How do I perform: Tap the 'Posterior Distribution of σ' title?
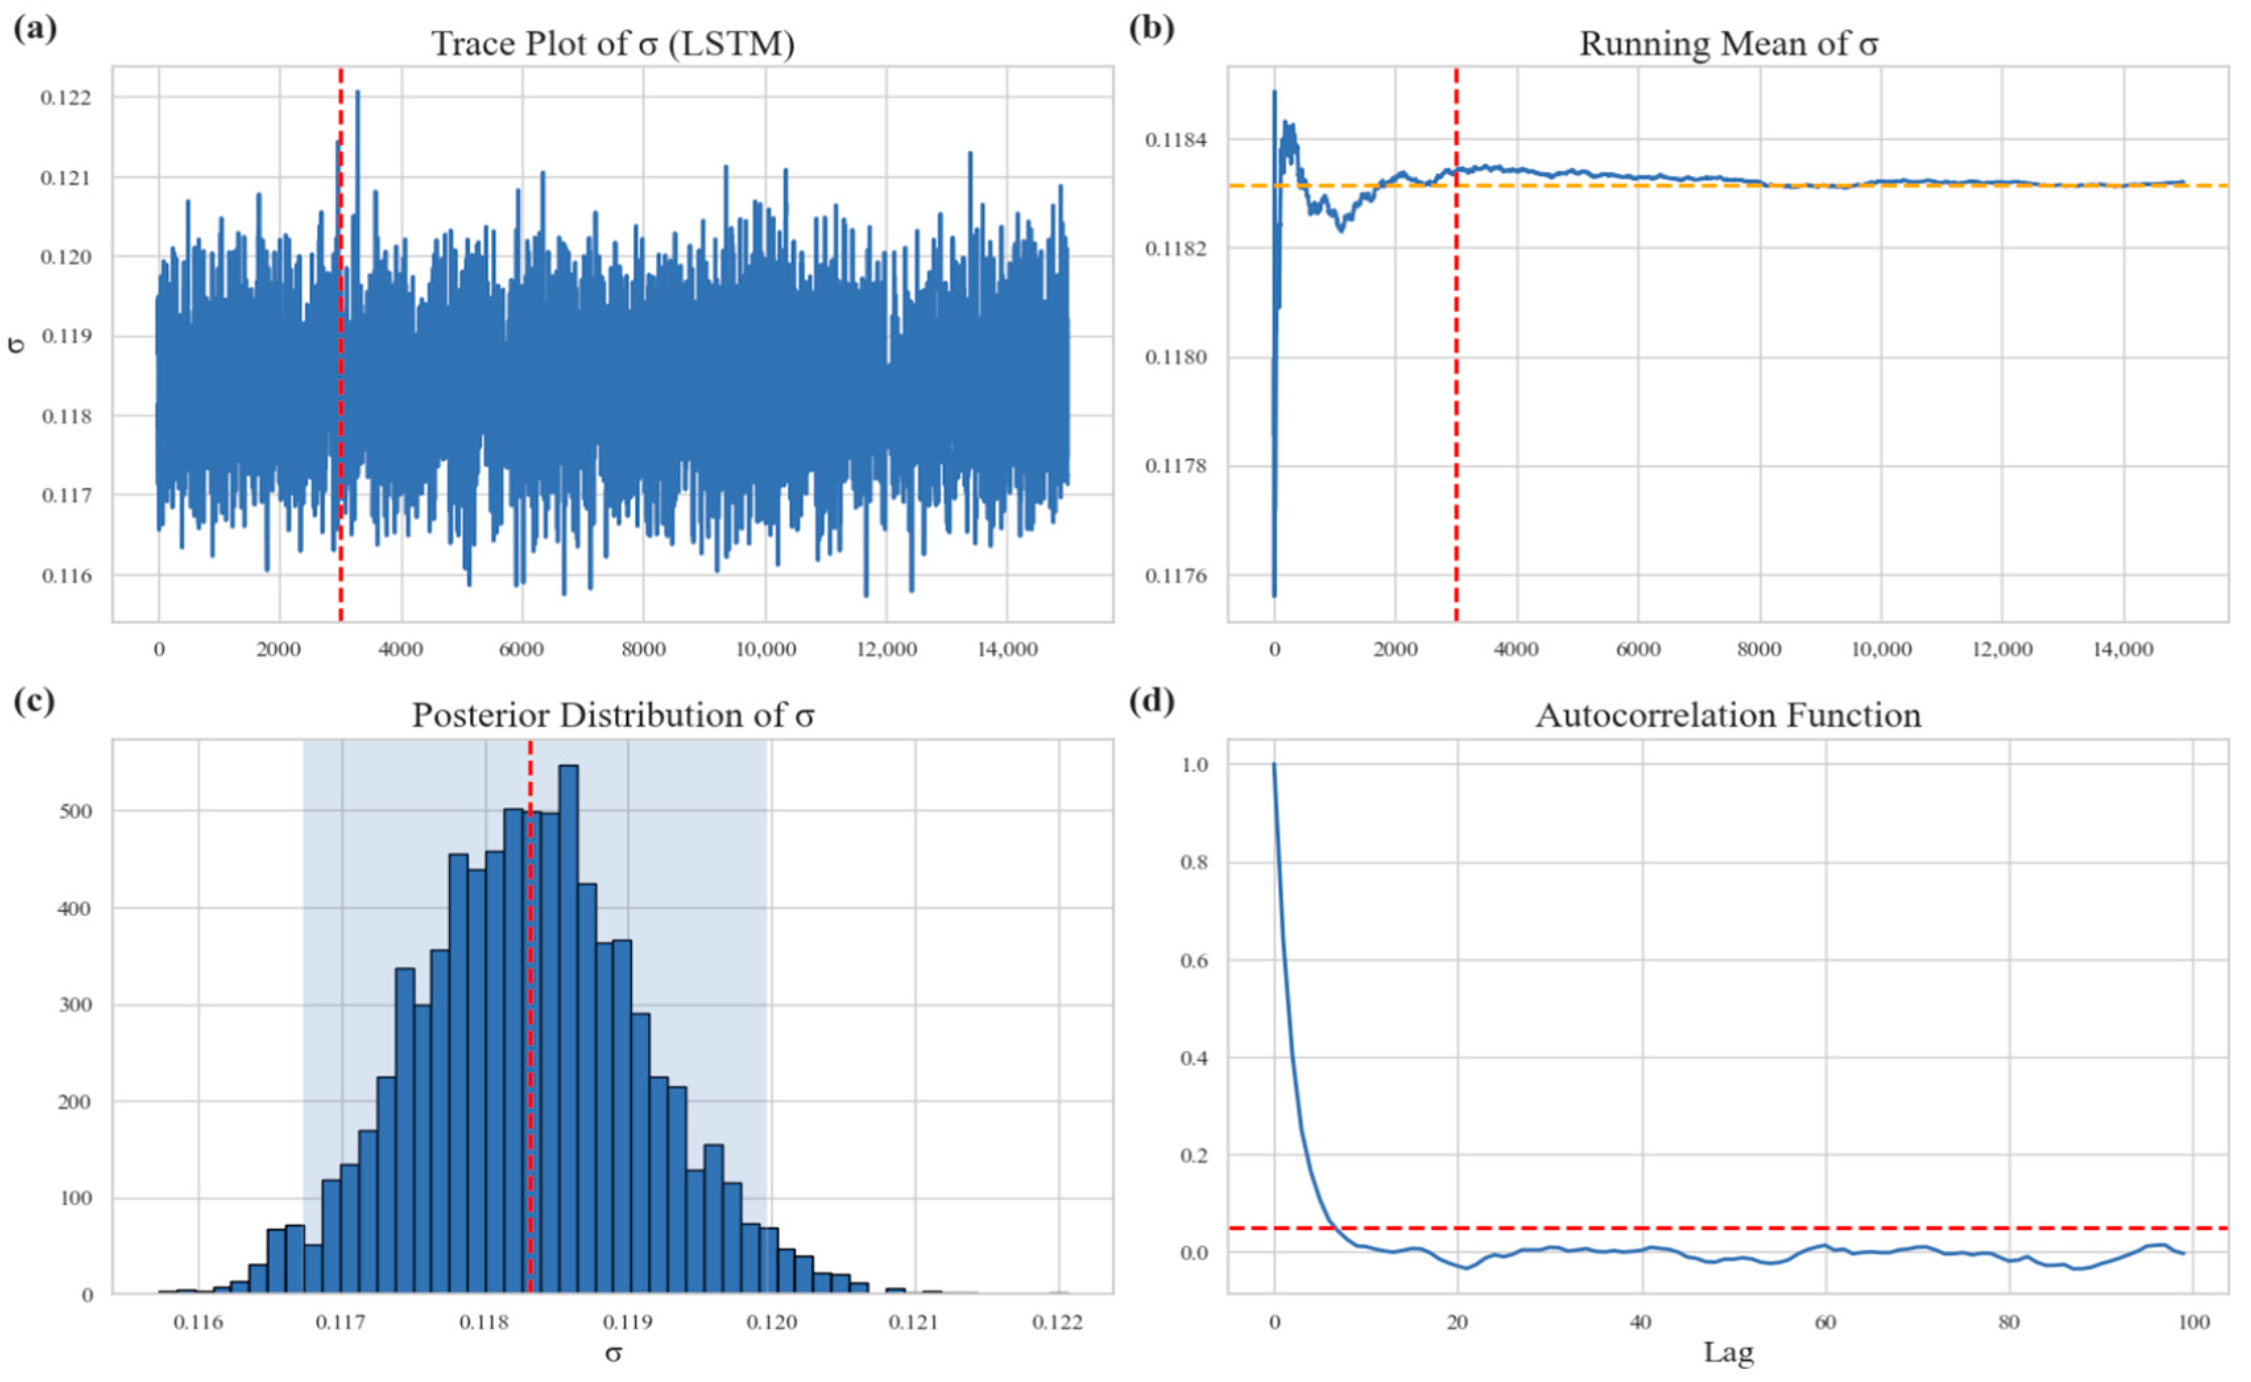coord(613,715)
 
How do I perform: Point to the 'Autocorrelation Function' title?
coord(1728,715)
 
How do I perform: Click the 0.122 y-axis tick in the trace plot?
coord(67,98)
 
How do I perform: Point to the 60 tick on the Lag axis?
coord(1825,1323)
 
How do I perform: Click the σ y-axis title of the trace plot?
coord(16,344)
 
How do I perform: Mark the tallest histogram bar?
coord(568,1029)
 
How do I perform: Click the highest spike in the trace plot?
coord(357,92)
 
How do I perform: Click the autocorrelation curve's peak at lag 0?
coord(1274,764)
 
